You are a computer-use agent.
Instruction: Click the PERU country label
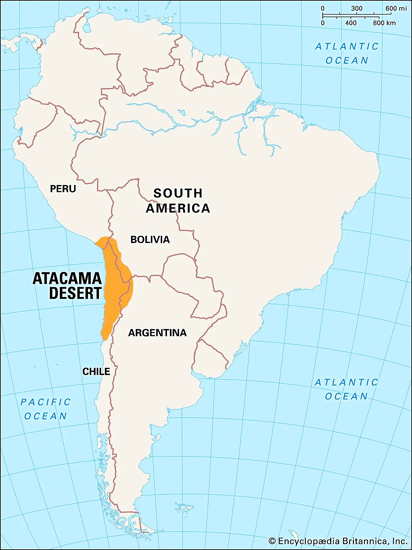pos(63,189)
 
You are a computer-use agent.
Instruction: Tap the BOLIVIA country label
pos(150,240)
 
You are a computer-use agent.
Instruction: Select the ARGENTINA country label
pos(157,333)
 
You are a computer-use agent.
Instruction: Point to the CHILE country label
pos(96,372)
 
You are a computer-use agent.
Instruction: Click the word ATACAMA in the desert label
pos(67,278)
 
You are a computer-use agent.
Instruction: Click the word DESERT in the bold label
pos(75,294)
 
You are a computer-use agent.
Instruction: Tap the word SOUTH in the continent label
pos(178,193)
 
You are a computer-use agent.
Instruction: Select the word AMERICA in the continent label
pos(178,208)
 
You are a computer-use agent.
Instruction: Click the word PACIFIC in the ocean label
pos(46,402)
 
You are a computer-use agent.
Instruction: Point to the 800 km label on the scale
pos(384,23)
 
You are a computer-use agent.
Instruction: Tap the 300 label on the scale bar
pos(357,8)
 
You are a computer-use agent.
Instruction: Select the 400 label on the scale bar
pos(351,23)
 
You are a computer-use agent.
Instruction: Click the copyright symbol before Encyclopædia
pos(272,541)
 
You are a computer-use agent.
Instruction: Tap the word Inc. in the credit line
pos(400,541)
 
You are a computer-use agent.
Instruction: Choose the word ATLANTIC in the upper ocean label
pos(347,46)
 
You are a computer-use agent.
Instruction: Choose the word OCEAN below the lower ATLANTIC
pos(346,396)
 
